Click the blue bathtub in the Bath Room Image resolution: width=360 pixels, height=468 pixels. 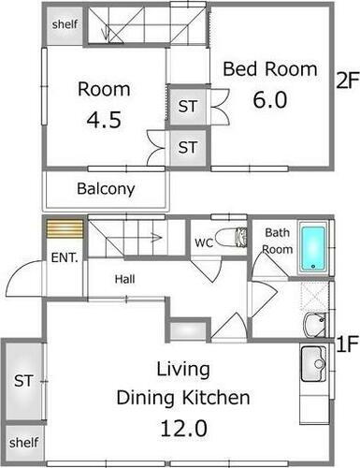point(312,248)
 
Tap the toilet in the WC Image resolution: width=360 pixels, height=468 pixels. point(231,238)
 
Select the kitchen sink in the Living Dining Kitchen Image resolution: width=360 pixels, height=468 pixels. point(314,364)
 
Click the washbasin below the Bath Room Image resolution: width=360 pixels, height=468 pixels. point(315,325)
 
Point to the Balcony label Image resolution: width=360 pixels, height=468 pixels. point(106,189)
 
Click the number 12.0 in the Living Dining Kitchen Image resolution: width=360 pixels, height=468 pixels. point(183,429)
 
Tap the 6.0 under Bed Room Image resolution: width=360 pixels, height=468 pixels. point(270,100)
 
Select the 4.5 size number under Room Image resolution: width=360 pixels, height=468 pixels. point(104,120)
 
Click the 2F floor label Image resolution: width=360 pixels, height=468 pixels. point(348,80)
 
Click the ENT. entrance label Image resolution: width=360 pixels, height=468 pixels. point(65,257)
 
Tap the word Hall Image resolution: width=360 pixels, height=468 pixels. point(124,279)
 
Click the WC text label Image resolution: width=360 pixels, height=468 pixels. point(204,242)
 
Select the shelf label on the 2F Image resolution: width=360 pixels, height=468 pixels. point(65,24)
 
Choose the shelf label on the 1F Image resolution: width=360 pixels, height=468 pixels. point(23,443)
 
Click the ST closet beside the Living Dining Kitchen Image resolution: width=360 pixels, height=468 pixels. point(23,381)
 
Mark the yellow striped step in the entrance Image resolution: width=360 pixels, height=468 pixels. point(65,229)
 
